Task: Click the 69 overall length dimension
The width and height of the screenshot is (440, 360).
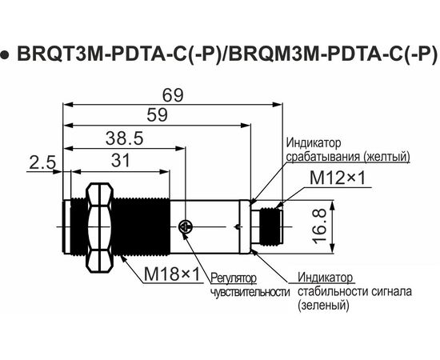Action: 173,95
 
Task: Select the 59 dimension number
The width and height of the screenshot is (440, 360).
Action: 157,115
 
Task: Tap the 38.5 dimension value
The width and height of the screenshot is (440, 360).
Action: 125,138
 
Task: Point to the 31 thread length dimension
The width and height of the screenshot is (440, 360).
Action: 121,161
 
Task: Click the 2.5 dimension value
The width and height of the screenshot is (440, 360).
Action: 42,163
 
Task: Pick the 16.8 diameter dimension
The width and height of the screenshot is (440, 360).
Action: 320,226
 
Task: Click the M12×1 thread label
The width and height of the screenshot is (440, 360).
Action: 338,178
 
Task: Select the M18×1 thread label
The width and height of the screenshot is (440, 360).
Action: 172,274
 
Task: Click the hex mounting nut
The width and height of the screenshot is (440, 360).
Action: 99,227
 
